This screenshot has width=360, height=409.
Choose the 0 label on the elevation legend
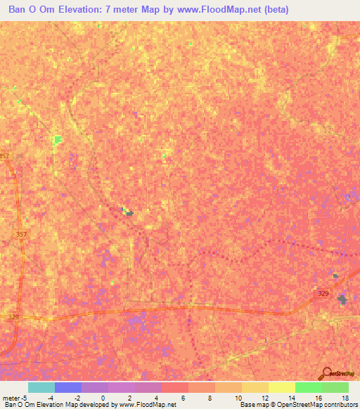click(103, 397)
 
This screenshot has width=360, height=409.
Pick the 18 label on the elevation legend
click(345, 397)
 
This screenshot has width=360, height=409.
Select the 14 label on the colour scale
click(291, 397)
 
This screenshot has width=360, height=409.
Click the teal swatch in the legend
click(41, 387)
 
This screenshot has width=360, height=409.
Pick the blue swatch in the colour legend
click(68, 387)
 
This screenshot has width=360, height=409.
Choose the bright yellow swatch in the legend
click(282, 387)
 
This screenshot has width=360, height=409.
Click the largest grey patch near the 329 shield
click(342, 300)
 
